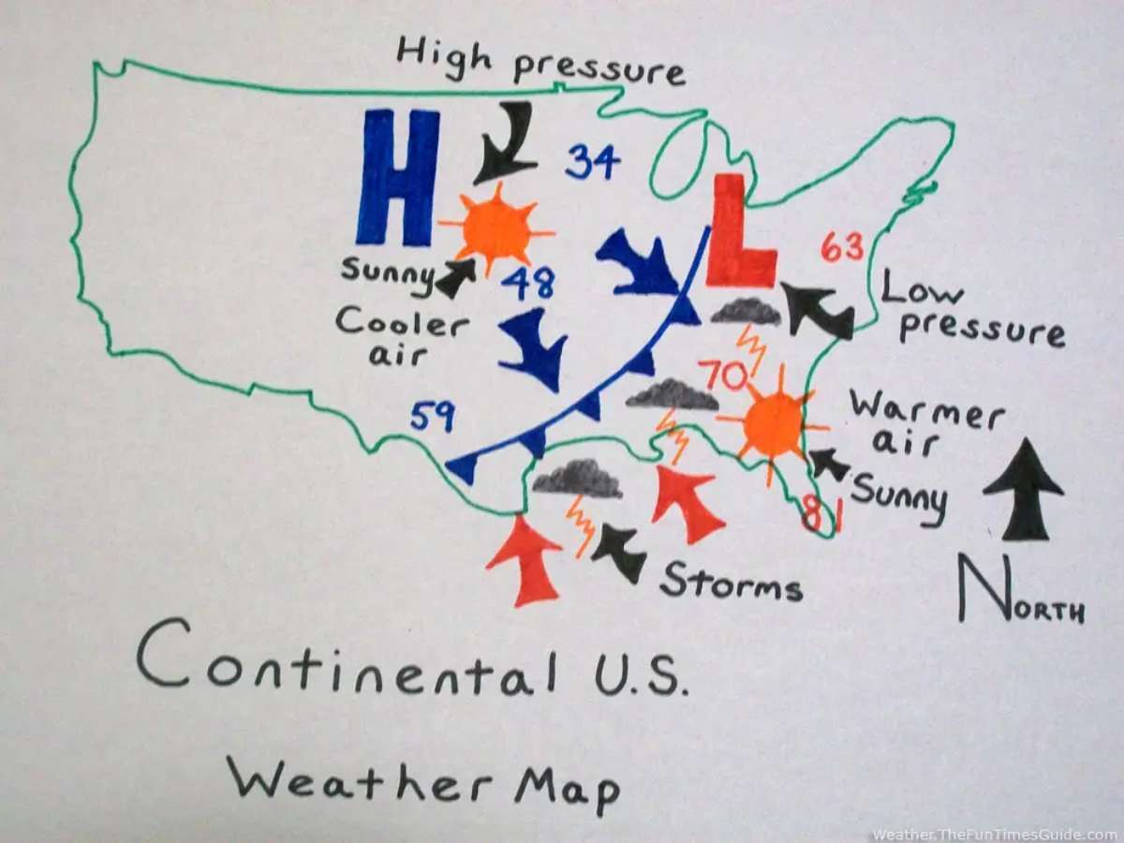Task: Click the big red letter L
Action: pos(738,234)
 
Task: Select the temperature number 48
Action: pos(527,282)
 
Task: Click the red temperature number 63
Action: pos(842,247)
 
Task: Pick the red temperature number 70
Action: pos(722,376)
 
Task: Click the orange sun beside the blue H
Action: pos(495,229)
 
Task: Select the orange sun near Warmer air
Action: pos(774,423)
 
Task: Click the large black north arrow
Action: pos(1024,487)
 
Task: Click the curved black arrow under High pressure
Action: pos(507,143)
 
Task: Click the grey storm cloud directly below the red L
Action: pos(746,311)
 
